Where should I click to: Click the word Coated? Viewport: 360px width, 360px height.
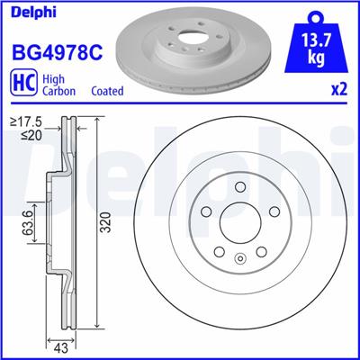pos(109,91)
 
